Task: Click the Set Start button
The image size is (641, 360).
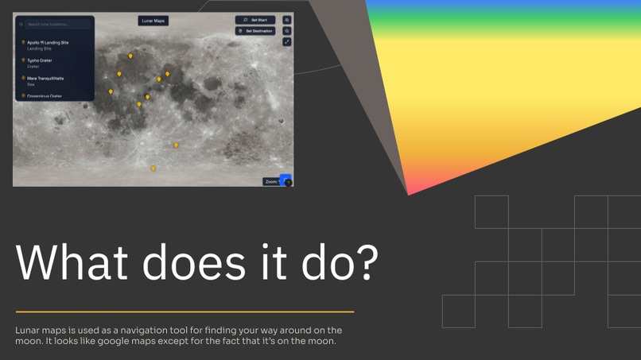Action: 254,20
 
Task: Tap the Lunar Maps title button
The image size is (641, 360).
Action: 153,21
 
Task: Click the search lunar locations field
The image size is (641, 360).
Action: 54,25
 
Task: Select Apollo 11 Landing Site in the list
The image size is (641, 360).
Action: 48,42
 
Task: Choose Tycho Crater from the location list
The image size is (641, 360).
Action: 40,60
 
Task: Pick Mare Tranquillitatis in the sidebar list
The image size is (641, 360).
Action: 45,79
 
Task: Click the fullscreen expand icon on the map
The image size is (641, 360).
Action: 287,42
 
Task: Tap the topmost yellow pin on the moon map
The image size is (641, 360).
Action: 131,56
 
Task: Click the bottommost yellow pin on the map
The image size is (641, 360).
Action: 153,168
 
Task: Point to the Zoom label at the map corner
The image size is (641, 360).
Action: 271,182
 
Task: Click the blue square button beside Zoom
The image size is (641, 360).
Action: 286,180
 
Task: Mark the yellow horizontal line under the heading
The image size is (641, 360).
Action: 185,312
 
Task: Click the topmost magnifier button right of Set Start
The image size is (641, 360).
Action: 287,20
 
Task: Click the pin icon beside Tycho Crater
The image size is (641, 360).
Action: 23,60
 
